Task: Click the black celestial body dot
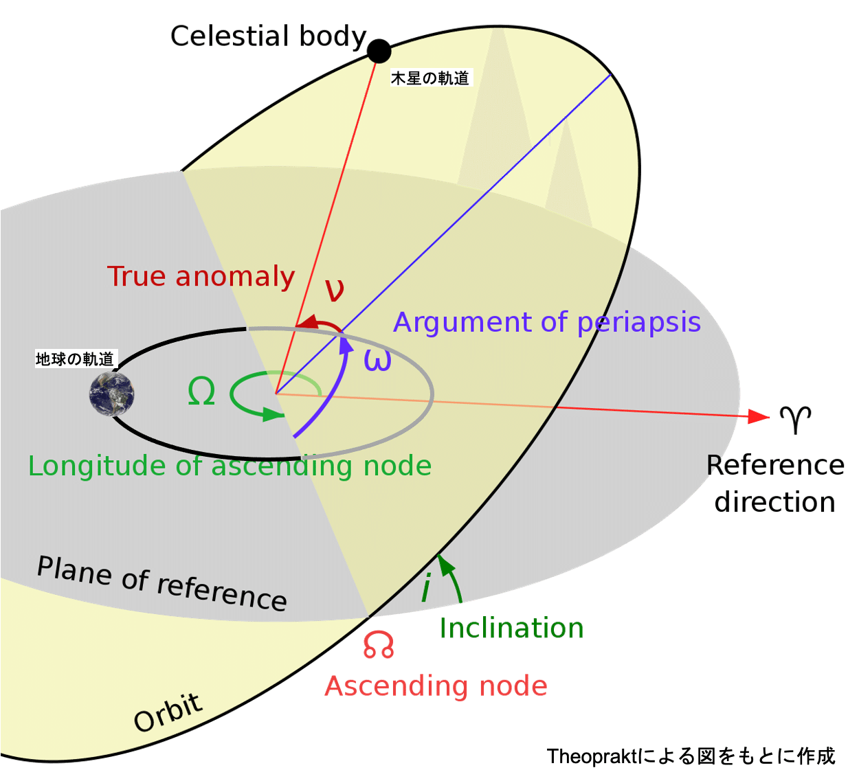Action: tap(379, 51)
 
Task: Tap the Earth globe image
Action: tap(112, 394)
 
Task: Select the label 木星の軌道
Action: tap(430, 78)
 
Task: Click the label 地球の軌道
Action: tap(75, 359)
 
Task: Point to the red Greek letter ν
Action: tap(335, 290)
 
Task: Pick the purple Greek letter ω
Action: tap(377, 360)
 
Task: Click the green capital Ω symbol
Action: tap(201, 392)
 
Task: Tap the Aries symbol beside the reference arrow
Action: tap(795, 418)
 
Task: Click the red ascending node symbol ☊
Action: tap(379, 645)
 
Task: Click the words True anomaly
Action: tap(201, 276)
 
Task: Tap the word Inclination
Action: tap(511, 629)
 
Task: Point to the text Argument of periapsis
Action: tap(547, 322)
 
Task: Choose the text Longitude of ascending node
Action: tap(230, 466)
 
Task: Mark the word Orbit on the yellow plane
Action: tap(168, 713)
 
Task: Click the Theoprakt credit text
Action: tap(691, 756)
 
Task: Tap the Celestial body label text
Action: tap(268, 36)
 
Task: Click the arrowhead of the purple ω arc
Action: tap(347, 343)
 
